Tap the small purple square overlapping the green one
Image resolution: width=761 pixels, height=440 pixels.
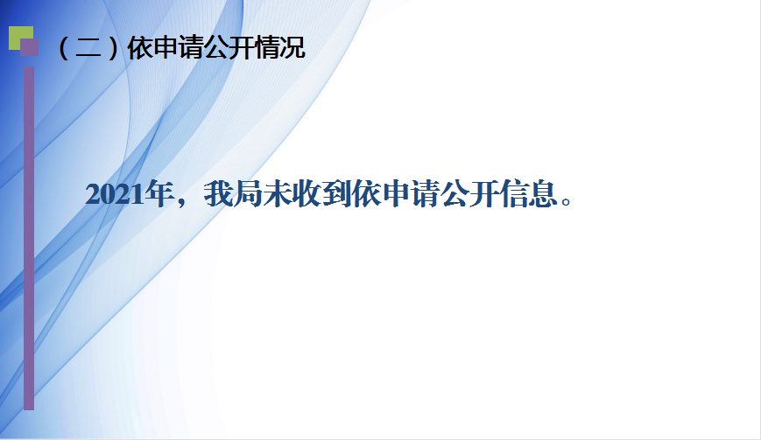pos(29,47)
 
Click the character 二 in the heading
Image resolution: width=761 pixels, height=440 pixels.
pos(88,49)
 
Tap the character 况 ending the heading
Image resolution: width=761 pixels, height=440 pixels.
pos(292,47)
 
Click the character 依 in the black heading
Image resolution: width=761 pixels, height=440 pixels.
pos(140,47)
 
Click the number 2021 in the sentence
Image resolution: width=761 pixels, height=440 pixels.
pos(115,194)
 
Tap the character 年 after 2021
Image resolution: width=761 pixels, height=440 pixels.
pos(159,194)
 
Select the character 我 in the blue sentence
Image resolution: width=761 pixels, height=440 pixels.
pos(219,194)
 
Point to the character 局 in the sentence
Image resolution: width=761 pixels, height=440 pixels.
pos(249,194)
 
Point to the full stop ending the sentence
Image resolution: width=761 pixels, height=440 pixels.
pos(567,200)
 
